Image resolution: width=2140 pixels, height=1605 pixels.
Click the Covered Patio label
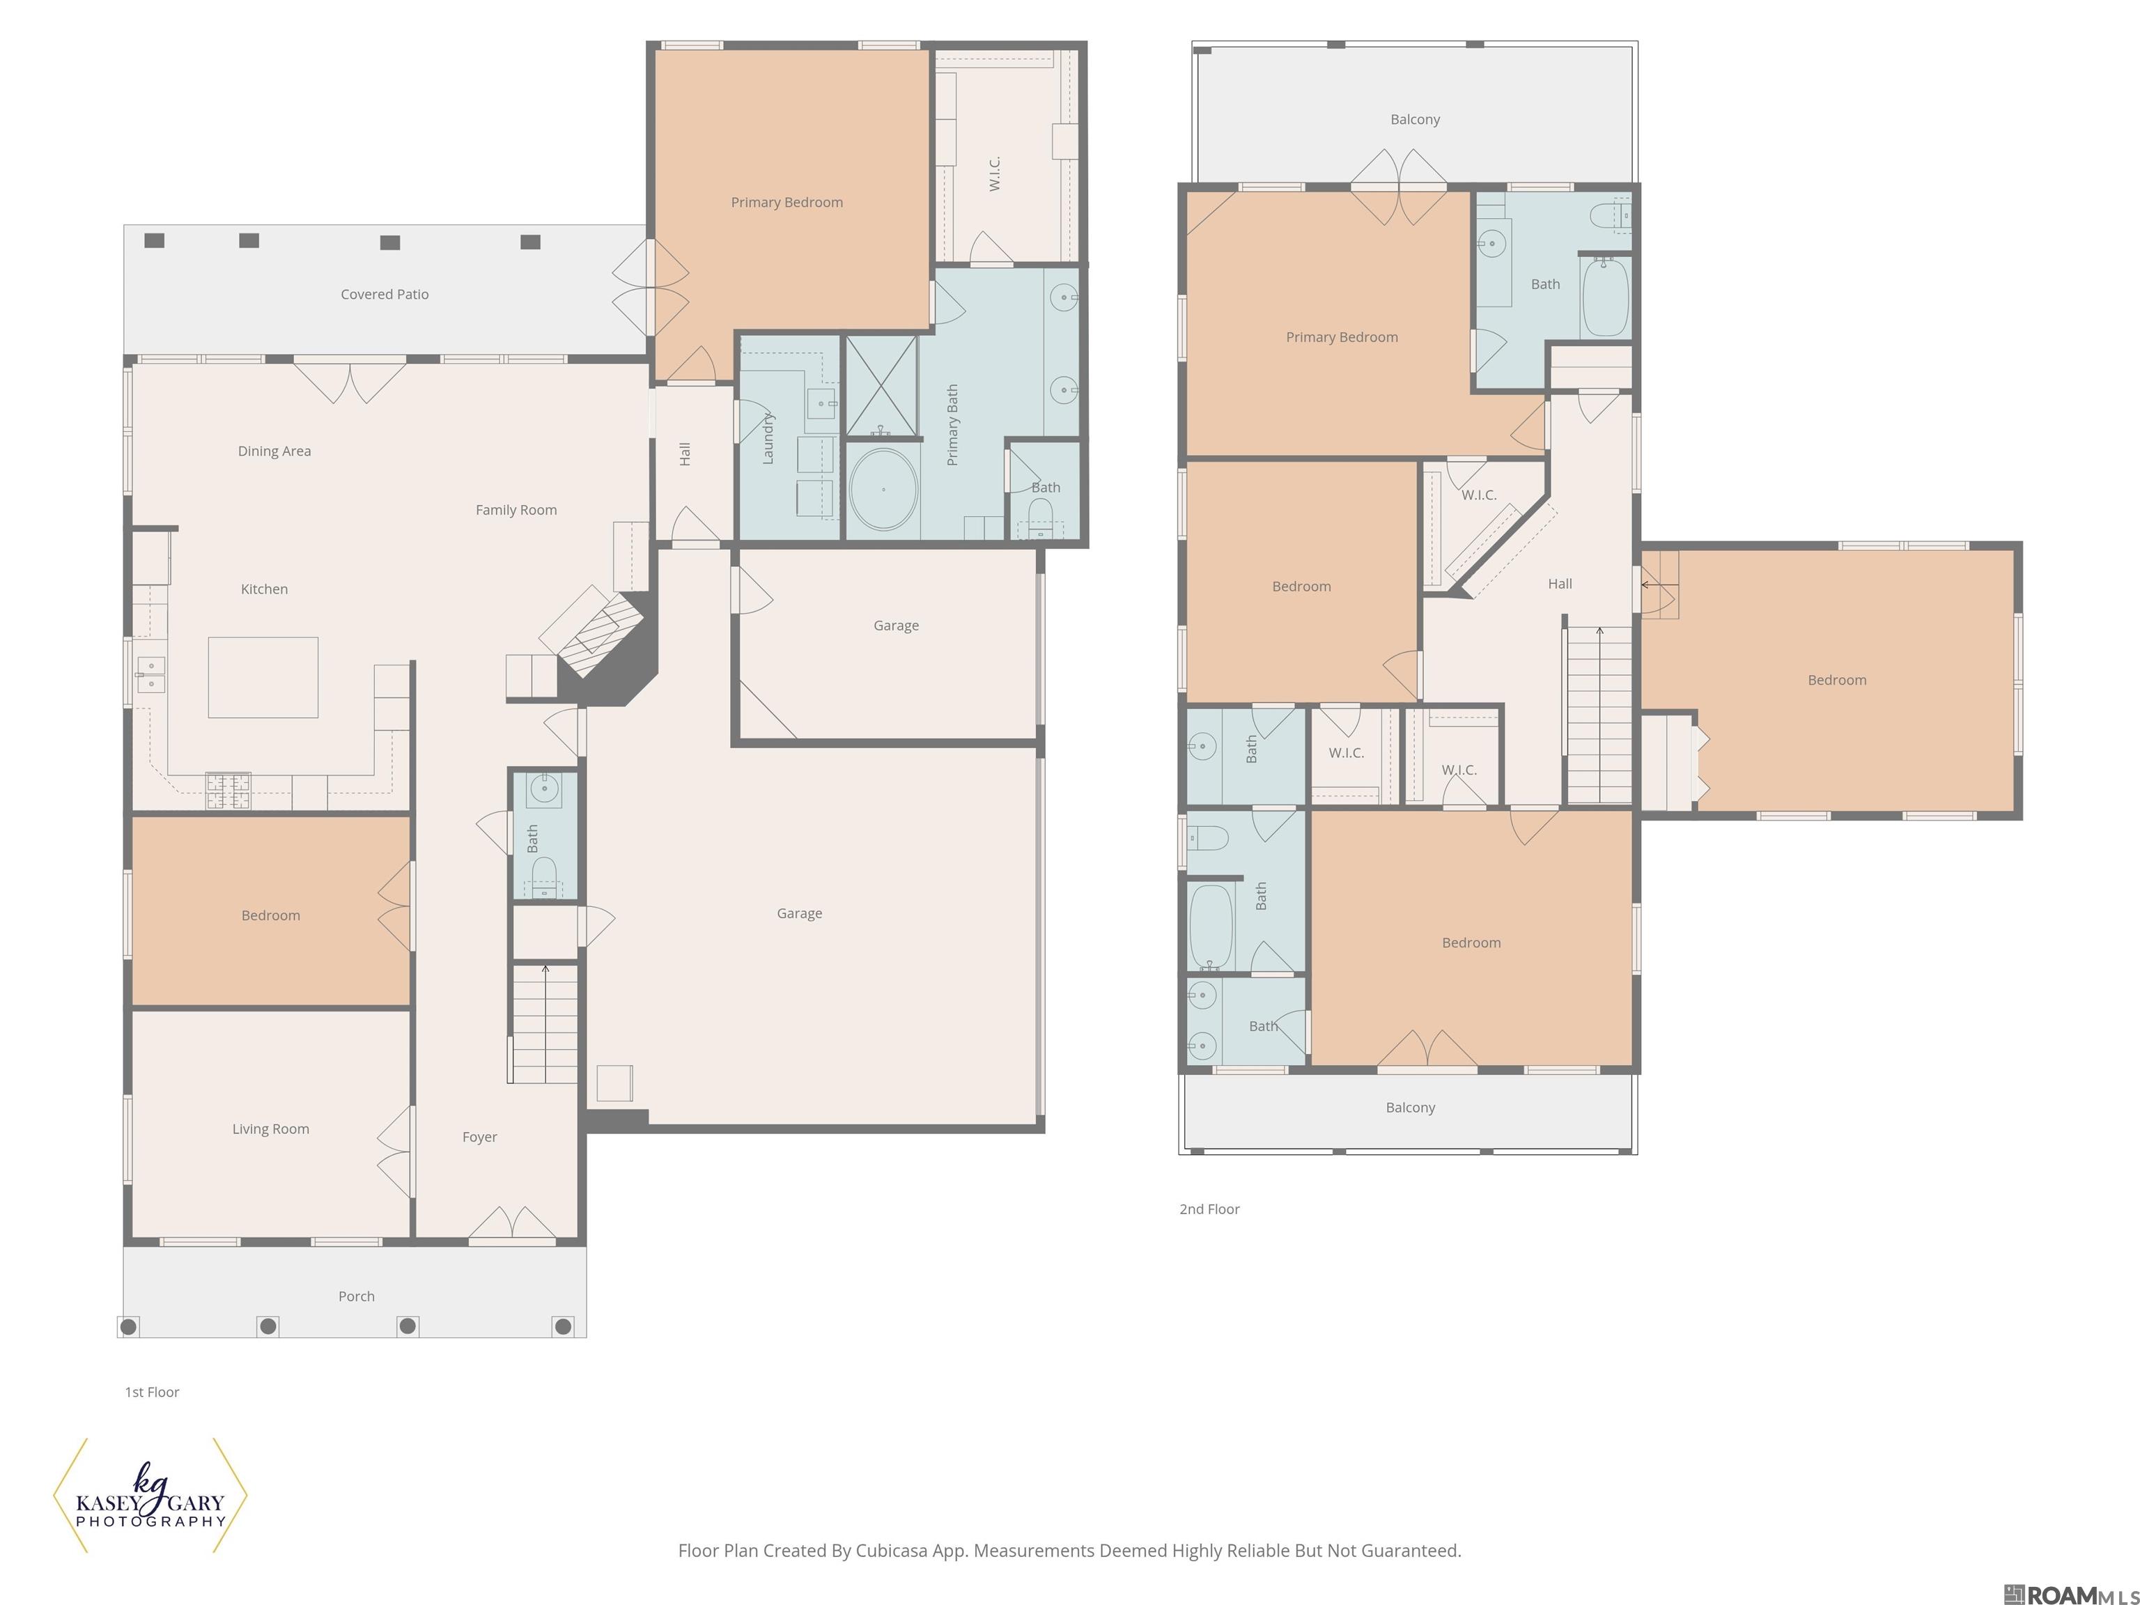384,294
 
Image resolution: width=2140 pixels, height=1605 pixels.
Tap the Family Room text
515,510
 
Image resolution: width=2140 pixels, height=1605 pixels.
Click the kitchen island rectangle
263,677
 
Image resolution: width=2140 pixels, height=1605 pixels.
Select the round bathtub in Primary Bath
883,490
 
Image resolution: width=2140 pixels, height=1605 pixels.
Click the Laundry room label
768,438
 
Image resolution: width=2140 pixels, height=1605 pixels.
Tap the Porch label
356,1296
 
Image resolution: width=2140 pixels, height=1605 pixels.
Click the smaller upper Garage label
896,626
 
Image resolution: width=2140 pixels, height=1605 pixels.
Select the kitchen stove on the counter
228,791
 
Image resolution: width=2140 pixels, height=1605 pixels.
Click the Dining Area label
274,451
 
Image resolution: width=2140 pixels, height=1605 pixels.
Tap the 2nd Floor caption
1209,1209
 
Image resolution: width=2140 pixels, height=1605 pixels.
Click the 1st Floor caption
152,1392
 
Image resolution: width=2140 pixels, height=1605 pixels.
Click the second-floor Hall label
1560,584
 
